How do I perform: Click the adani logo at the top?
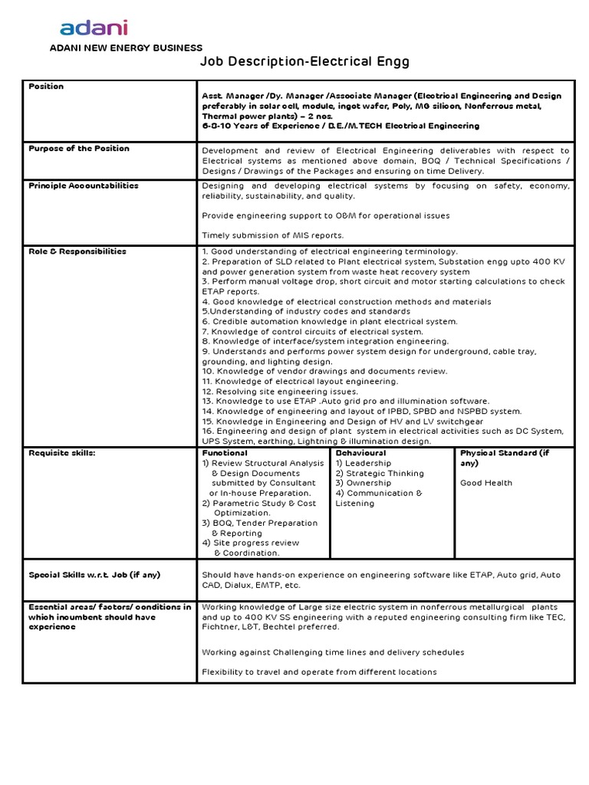point(94,28)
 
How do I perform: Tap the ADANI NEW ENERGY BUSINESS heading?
point(126,48)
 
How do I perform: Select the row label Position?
point(46,87)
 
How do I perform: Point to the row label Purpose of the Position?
point(79,148)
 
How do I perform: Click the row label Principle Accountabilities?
point(84,186)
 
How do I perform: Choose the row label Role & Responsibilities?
point(77,251)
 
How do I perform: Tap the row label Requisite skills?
point(61,453)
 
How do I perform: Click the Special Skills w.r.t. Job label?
point(94,574)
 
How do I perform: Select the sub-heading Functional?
point(225,453)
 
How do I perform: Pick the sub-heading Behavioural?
point(360,453)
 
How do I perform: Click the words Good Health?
point(486,483)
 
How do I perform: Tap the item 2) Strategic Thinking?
point(380,473)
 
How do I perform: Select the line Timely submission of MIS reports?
point(273,235)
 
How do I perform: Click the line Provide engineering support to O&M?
point(326,215)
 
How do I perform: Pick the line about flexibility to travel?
point(319,672)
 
